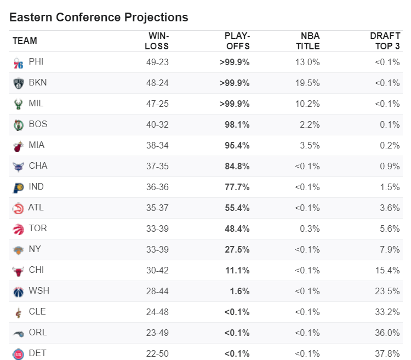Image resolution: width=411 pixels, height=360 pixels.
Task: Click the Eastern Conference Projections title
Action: tap(99, 18)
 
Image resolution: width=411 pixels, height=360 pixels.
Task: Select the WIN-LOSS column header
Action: tap(157, 41)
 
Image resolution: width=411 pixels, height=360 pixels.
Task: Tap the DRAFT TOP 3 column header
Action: tap(385, 41)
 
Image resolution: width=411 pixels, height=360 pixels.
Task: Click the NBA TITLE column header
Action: tap(308, 41)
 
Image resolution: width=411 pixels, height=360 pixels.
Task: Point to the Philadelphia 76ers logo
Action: tap(18, 63)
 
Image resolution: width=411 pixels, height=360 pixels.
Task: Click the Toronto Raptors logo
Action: tap(18, 229)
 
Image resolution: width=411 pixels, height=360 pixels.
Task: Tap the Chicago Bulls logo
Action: tap(18, 271)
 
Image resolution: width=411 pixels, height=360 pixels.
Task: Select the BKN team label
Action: tap(38, 83)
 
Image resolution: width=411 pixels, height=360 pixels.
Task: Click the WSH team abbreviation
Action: tap(39, 290)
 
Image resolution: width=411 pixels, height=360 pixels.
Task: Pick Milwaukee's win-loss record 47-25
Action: tap(157, 104)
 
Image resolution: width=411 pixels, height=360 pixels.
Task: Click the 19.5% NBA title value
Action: tap(307, 83)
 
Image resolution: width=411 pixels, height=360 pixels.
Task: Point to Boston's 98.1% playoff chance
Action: tap(237, 125)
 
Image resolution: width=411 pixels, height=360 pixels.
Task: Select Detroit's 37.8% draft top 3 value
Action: tap(387, 354)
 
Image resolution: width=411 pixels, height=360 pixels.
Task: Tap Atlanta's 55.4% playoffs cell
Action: tap(237, 208)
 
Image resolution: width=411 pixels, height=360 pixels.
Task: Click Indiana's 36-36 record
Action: tap(157, 187)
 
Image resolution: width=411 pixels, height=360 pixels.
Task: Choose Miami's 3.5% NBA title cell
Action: tap(310, 145)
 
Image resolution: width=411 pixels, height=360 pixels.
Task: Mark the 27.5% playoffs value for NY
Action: tap(237, 249)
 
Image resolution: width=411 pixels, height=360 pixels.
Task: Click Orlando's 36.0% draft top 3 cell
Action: tap(387, 333)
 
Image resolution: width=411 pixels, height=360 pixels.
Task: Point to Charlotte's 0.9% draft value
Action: tap(390, 167)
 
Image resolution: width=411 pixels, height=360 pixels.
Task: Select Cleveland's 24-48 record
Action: tap(157, 312)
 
